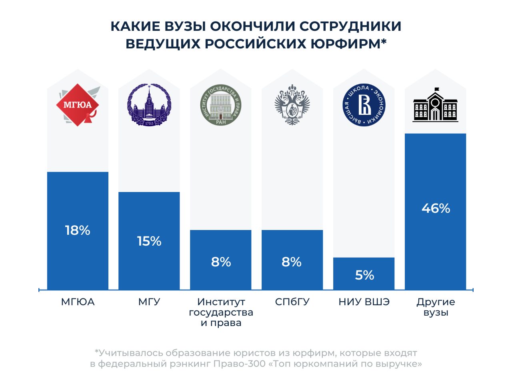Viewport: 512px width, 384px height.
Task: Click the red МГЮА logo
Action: [x=78, y=105]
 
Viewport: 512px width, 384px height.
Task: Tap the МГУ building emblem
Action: [x=149, y=105]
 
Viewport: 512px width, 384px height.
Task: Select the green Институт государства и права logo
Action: [x=221, y=105]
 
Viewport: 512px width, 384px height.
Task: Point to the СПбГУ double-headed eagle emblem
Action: [x=292, y=105]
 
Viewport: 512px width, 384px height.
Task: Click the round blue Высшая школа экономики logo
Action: [x=364, y=105]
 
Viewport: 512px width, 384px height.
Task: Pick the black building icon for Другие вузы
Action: [x=436, y=105]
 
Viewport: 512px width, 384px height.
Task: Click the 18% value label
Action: [x=78, y=230]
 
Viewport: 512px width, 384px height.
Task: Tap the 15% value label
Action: [x=149, y=241]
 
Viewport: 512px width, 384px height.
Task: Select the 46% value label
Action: [x=436, y=208]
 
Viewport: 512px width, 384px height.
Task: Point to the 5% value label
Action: [x=364, y=275]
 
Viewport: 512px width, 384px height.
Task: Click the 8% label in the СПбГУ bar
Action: [x=292, y=262]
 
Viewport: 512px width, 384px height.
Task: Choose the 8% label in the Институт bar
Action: [x=221, y=262]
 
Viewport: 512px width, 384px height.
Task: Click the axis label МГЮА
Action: [x=78, y=302]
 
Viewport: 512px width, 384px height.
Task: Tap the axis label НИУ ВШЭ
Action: [x=364, y=302]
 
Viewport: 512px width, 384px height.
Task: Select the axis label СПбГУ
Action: [x=292, y=302]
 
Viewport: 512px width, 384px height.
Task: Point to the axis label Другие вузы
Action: [x=436, y=307]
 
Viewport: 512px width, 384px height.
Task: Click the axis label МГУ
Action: [x=149, y=302]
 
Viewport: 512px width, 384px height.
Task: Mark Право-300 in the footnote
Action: [x=239, y=364]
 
